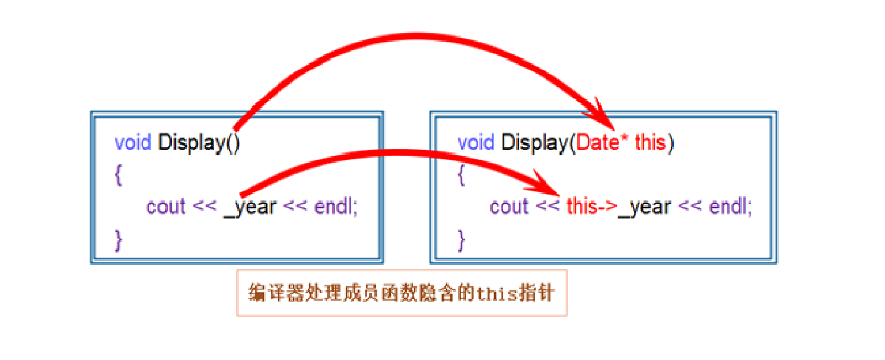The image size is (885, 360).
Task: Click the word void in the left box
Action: point(133,143)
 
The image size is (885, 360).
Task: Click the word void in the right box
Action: point(476,143)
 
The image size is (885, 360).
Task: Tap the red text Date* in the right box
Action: point(603,143)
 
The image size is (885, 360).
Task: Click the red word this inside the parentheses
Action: point(650,143)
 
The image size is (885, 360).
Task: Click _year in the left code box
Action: point(250,207)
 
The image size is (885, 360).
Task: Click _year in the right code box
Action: point(645,207)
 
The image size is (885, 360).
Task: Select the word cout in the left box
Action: point(166,207)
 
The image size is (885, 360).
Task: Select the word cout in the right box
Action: point(510,207)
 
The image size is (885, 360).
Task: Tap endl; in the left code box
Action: point(336,207)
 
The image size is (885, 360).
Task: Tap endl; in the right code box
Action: point(731,207)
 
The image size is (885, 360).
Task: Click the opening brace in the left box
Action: point(119,175)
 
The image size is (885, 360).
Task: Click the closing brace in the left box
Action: point(119,239)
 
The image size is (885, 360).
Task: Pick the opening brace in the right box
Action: point(462,175)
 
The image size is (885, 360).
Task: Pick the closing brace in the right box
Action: point(462,239)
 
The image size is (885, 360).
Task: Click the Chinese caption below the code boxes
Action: point(402,293)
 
